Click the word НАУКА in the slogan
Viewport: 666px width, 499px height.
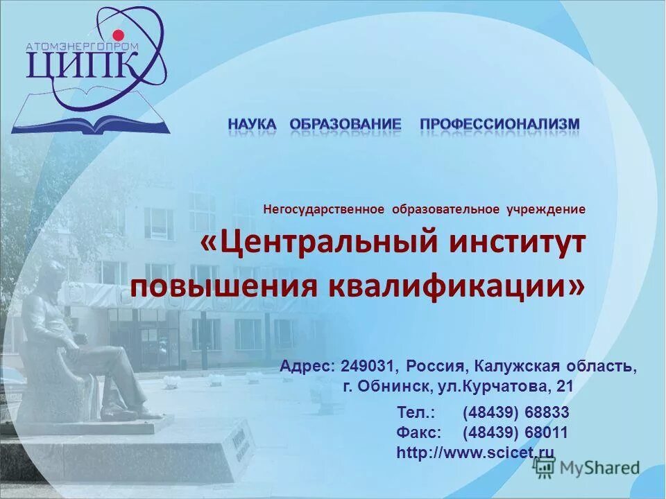point(252,124)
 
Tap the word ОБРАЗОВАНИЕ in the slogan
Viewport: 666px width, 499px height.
point(345,124)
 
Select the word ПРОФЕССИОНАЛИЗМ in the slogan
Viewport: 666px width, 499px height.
point(499,124)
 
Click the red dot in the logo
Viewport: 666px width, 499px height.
point(118,35)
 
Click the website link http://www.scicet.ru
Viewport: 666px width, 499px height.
point(475,453)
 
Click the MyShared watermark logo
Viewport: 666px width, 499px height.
point(587,468)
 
